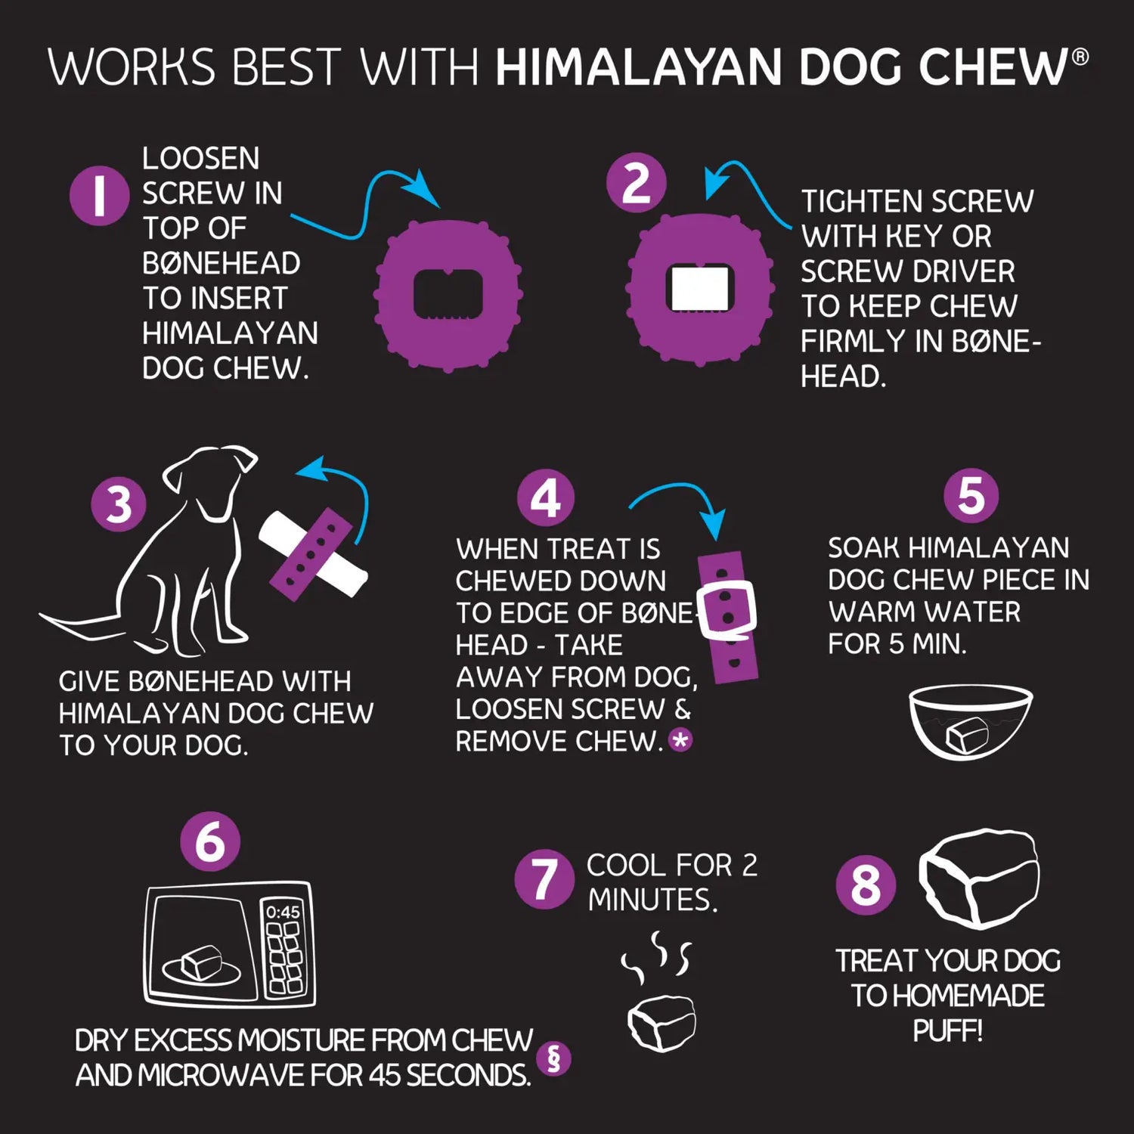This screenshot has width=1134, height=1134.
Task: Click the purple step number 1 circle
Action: coord(99,196)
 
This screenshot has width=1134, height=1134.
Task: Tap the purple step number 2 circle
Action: coord(636,183)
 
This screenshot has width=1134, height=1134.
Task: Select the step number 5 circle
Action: coord(971,496)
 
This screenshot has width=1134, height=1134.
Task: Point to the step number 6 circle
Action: coord(210,841)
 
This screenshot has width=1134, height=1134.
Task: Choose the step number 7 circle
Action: coord(544,878)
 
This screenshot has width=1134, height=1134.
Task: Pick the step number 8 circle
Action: coord(866,885)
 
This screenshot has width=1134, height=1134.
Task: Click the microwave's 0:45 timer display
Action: coord(283,912)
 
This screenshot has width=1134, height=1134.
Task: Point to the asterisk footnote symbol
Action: coord(680,740)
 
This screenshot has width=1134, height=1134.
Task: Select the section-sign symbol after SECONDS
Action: coord(553,1058)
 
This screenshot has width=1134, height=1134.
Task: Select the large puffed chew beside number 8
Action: coord(980,877)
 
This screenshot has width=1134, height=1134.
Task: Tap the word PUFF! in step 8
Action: coord(947,1030)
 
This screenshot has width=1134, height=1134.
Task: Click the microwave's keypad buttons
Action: coord(283,957)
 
